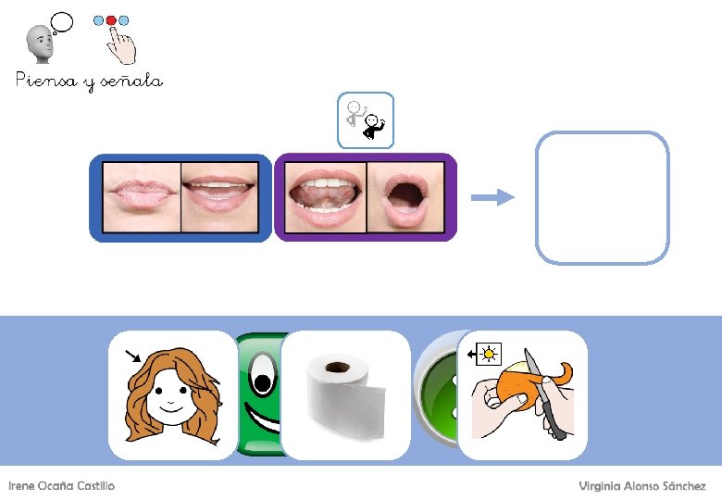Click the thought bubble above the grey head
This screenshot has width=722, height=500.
pos(62,21)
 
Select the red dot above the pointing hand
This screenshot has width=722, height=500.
pos(112,19)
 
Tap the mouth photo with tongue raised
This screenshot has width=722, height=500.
pos(325,196)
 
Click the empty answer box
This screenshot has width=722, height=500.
pos(602,197)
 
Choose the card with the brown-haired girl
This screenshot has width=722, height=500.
pos(173,395)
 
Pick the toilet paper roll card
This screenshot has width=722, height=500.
pos(344,395)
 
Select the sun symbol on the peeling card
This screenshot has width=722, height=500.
pos(488,353)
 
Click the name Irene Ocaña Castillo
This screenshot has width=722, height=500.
pos(62,486)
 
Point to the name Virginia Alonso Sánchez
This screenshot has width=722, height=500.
pos(642,486)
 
